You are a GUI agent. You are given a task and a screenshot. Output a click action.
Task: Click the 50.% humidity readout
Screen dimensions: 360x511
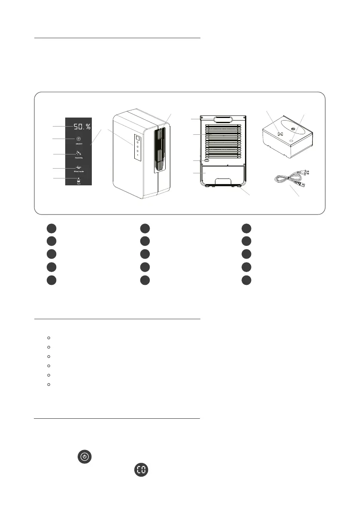click(82, 127)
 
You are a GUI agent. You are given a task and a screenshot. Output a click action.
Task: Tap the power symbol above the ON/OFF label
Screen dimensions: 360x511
click(79, 139)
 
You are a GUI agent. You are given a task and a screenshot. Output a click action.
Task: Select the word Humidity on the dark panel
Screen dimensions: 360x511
click(79, 158)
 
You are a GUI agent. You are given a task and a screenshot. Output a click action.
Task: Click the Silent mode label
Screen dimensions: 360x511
click(79, 171)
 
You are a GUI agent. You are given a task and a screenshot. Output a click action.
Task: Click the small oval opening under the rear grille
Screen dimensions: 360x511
click(206, 161)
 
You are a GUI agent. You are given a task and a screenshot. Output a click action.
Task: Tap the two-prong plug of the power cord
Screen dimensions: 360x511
click(306, 173)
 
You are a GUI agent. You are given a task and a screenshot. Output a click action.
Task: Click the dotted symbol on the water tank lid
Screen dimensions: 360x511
click(279, 133)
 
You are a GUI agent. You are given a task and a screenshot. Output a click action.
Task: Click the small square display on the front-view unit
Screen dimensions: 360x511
click(138, 138)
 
